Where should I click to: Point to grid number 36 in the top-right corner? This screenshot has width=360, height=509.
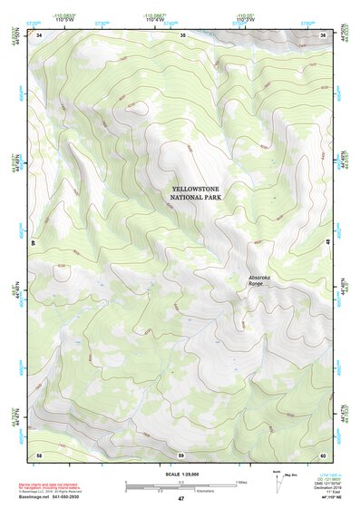coord(323,35)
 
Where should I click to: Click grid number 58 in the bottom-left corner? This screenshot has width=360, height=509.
coord(39,455)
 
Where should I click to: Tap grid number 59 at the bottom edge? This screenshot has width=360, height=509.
coord(180,455)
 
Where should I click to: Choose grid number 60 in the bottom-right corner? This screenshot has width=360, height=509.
coord(322,455)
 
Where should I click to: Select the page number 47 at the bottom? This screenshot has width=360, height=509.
coord(180,499)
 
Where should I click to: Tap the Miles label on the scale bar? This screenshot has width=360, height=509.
coord(241,481)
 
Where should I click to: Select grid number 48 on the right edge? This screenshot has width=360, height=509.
coord(327,242)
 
